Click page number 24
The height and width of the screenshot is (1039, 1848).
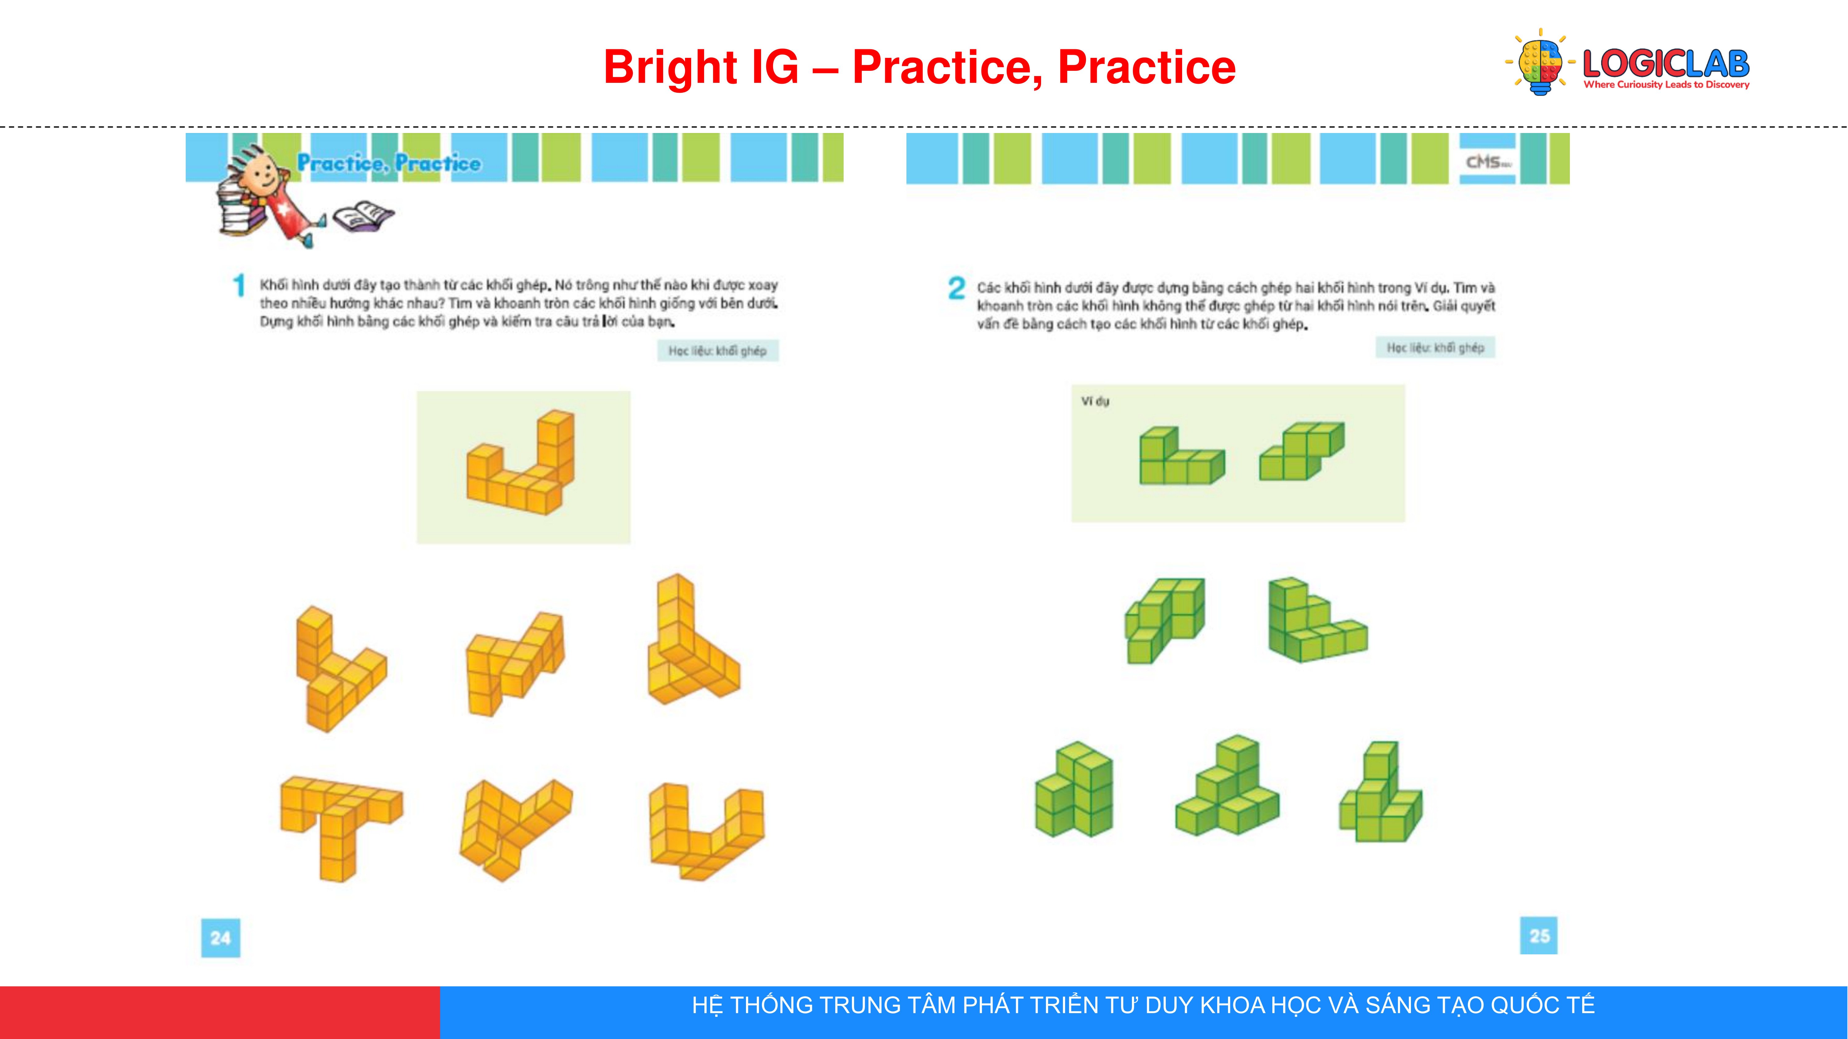tap(220, 937)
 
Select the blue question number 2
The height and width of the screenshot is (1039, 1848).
tap(956, 288)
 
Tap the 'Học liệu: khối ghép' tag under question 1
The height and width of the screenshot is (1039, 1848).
tap(717, 351)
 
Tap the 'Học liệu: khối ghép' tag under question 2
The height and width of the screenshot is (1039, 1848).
tap(1435, 348)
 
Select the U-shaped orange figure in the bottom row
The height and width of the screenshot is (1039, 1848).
tap(707, 832)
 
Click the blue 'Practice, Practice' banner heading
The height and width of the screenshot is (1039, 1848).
tap(389, 163)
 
